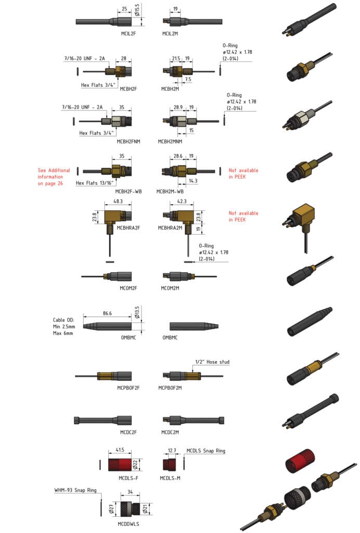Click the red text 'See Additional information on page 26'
click(54, 176)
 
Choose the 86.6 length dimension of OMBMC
click(108, 314)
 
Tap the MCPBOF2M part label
click(173, 387)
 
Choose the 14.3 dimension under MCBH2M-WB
click(193, 181)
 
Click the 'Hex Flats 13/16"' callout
click(95, 183)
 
